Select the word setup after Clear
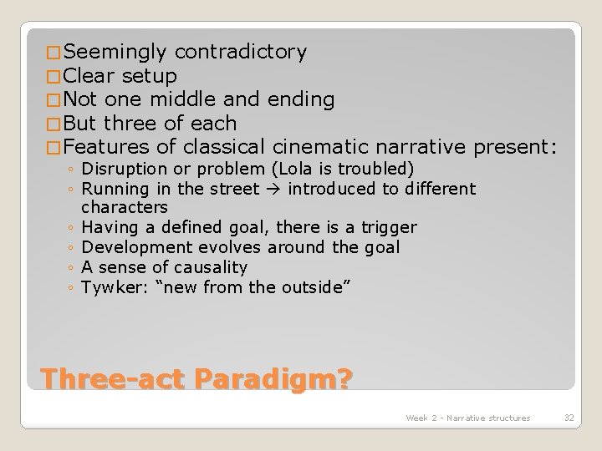click(x=149, y=76)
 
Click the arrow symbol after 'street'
click(x=276, y=189)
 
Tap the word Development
click(x=130, y=247)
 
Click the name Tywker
click(x=109, y=287)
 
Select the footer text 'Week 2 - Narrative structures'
click(x=467, y=418)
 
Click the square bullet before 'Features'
click(x=54, y=149)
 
